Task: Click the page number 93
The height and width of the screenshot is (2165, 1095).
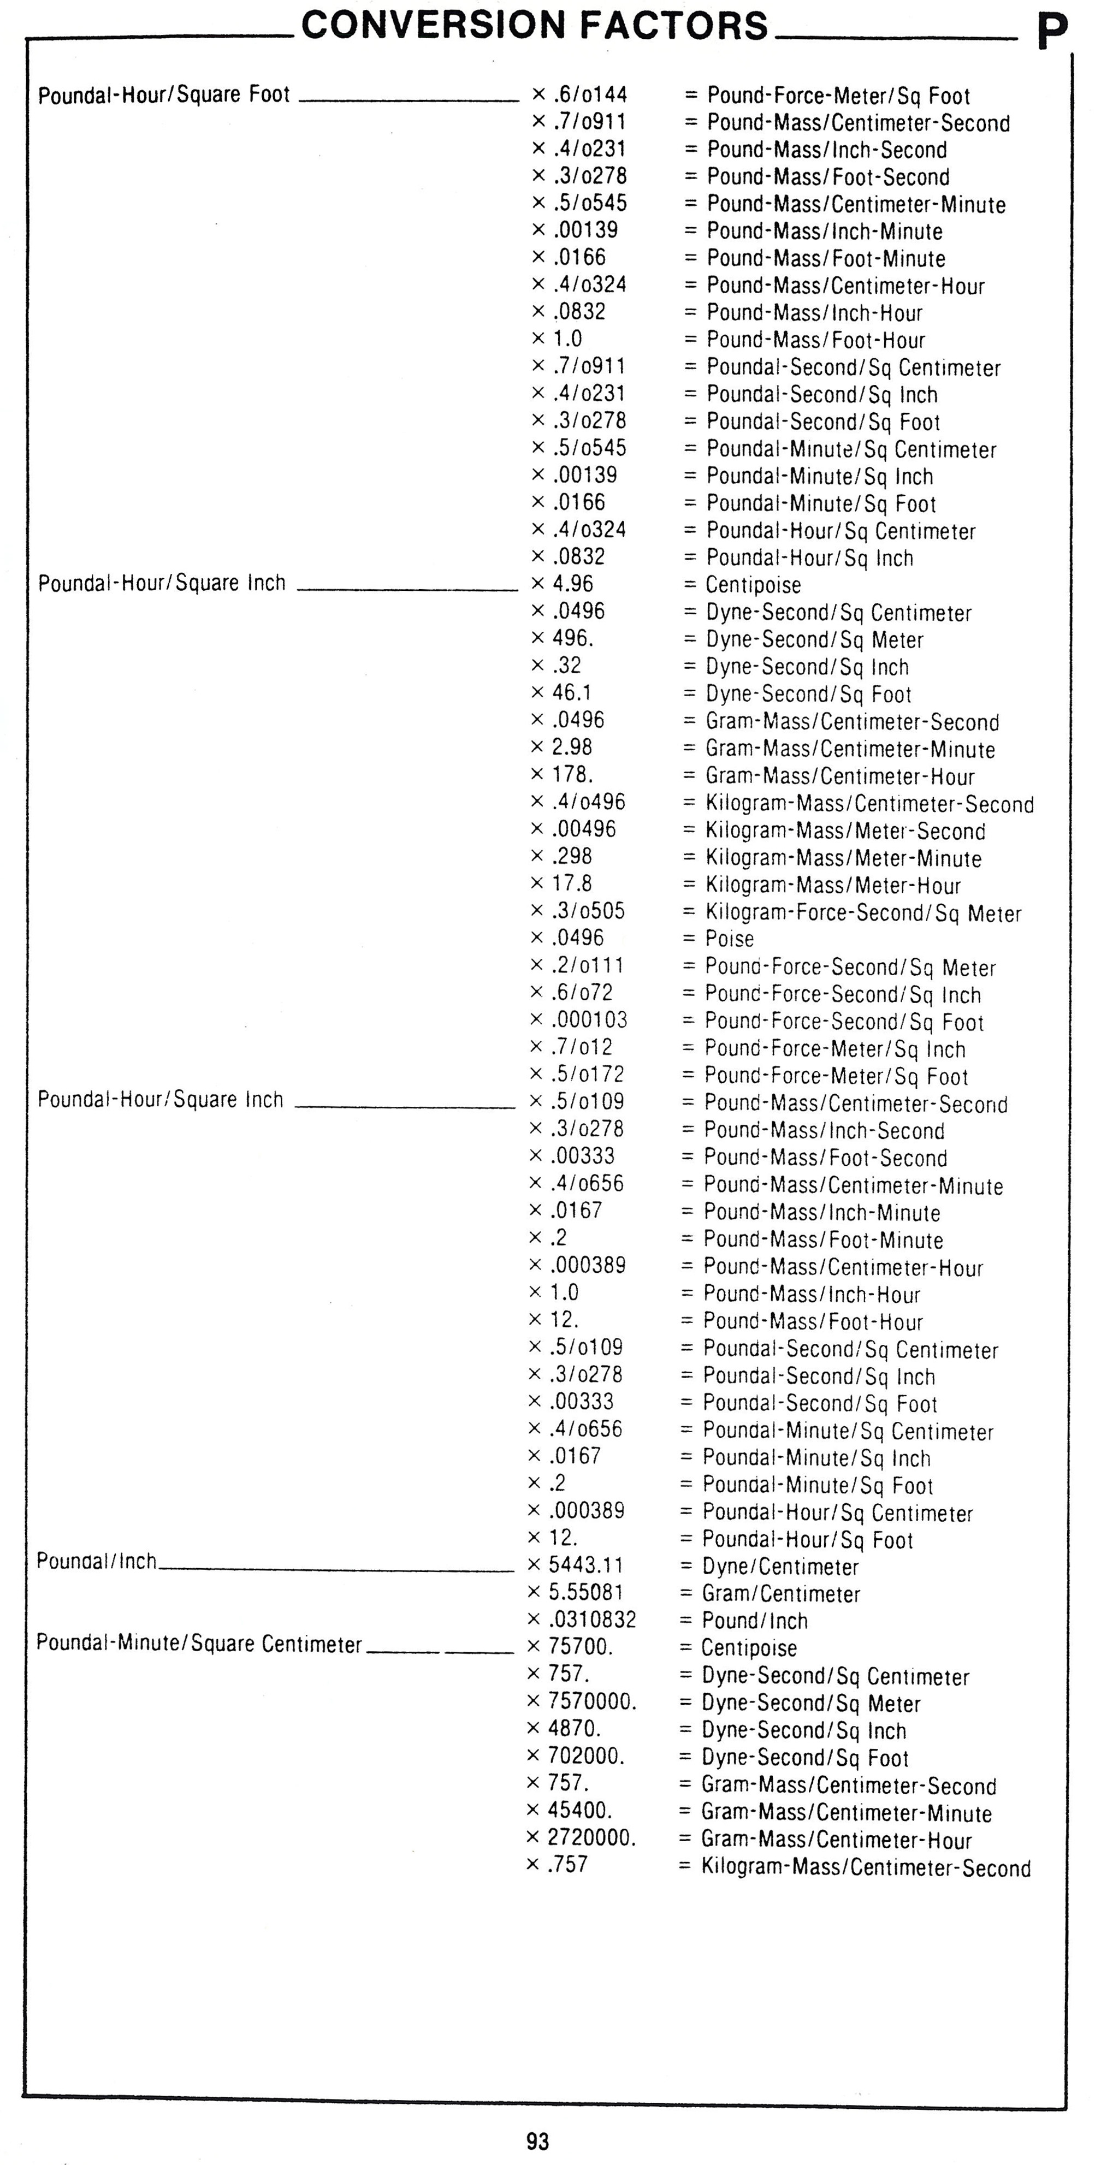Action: coord(538,2140)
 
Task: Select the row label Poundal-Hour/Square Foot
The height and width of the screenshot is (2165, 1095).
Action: coord(164,94)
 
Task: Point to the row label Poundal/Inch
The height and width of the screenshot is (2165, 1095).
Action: coord(97,1562)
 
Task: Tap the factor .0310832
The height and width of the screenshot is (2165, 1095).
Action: coord(593,1620)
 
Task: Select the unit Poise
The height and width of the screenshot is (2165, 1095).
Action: coord(730,939)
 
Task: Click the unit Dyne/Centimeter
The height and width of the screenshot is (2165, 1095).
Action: coord(780,1567)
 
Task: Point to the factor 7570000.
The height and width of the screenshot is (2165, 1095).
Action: coord(591,1701)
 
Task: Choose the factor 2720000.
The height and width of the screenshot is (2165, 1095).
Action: coord(591,1837)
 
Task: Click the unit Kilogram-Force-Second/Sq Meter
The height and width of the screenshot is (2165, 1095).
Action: coord(862,913)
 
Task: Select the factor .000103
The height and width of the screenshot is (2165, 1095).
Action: coord(589,1019)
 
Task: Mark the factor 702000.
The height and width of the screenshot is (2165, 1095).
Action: coord(586,1755)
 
